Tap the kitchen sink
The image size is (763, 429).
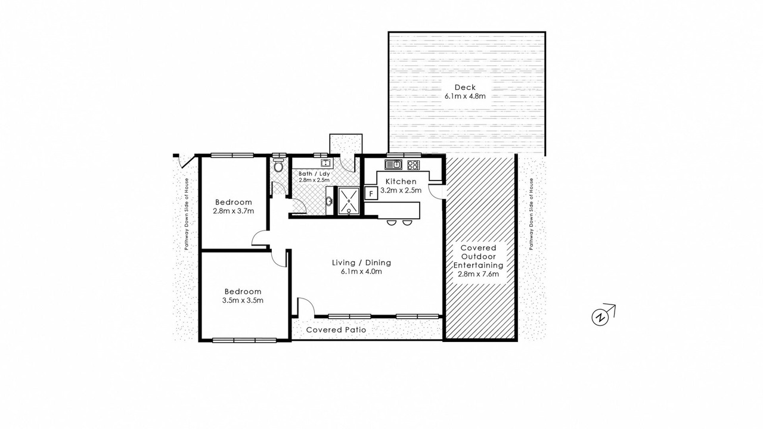click(394, 164)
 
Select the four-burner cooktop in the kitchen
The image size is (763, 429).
click(413, 165)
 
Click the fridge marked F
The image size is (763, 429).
click(371, 194)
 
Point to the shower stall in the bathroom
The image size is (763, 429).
click(349, 201)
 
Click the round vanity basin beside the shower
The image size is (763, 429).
click(330, 201)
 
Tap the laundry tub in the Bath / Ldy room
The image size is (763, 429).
click(326, 163)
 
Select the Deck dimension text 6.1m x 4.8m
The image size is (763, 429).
click(465, 96)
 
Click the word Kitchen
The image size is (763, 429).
click(401, 182)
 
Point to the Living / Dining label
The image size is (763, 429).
click(361, 263)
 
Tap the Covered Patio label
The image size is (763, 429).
click(336, 329)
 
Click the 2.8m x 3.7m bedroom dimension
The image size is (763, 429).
click(234, 211)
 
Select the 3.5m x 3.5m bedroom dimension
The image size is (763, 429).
click(243, 300)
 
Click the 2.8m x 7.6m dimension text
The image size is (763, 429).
click(478, 273)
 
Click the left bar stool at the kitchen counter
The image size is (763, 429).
click(392, 222)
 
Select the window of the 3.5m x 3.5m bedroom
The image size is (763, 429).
click(244, 340)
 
